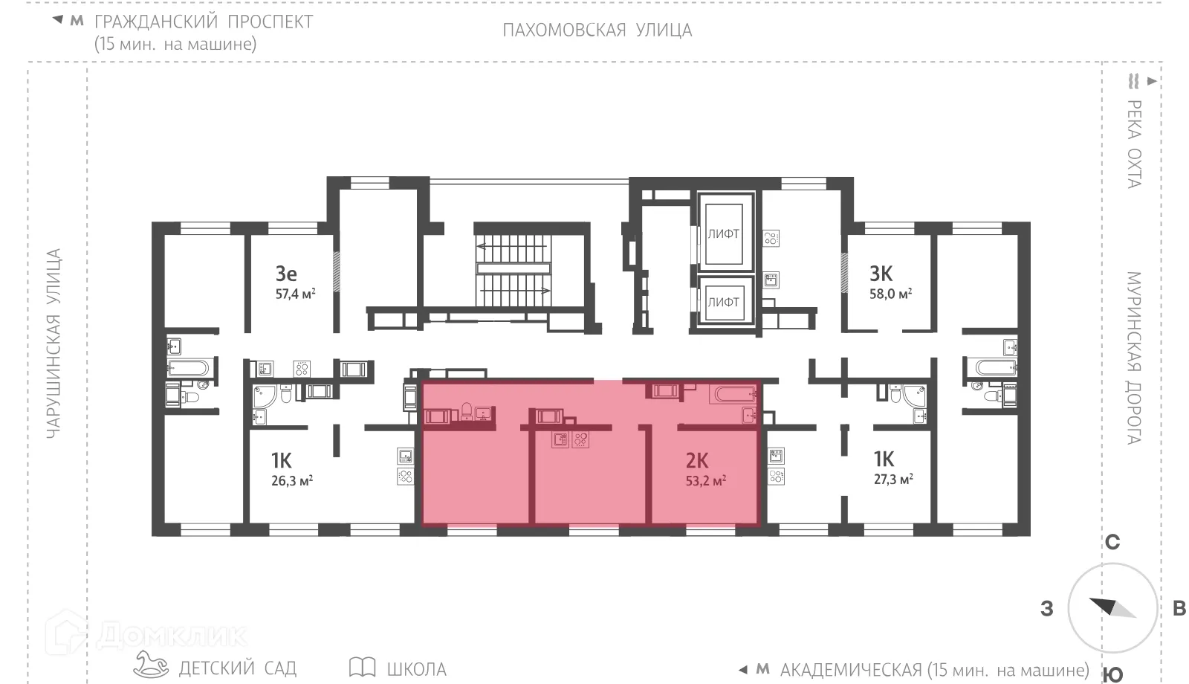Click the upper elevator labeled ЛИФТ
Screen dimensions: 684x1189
[723, 233]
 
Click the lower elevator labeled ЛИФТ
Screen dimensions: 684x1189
[723, 302]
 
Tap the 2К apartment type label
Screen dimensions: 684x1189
[697, 461]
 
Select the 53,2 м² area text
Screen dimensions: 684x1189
[705, 481]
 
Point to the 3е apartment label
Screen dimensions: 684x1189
[286, 274]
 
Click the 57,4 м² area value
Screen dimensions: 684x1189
[295, 294]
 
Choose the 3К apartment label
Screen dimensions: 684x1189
[881, 274]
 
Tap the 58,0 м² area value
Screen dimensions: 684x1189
[890, 294]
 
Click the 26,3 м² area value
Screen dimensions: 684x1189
[292, 481]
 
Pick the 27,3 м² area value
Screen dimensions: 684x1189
[892, 480]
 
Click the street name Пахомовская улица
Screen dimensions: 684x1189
[597, 30]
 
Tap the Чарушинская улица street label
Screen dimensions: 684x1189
[54, 343]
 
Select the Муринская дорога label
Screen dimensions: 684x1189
[1133, 358]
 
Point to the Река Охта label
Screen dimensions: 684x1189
[1134, 143]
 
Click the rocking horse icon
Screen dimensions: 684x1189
[152, 664]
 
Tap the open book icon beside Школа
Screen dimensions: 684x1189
[362, 667]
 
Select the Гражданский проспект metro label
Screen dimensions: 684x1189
[204, 22]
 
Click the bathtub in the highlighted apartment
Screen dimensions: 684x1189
[732, 393]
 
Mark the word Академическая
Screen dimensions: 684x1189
[851, 671]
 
